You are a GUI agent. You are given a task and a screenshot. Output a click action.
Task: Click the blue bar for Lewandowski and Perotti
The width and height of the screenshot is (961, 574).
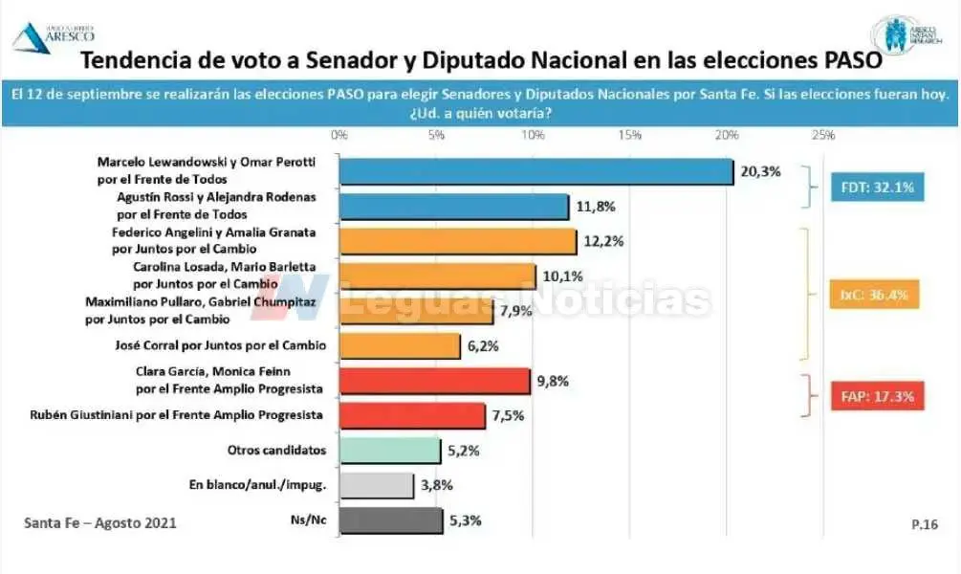[535, 171]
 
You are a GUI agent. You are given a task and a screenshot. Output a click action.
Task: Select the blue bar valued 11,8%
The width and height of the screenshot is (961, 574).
[454, 207]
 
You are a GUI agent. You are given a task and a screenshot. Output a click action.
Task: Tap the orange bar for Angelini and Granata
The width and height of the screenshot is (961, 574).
[458, 241]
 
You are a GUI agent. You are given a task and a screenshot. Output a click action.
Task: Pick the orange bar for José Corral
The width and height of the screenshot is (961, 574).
[400, 345]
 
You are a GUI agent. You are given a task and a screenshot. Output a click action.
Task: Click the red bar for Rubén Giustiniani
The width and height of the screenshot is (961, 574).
[412, 415]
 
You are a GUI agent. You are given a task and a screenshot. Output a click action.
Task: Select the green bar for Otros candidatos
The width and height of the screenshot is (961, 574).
[389, 450]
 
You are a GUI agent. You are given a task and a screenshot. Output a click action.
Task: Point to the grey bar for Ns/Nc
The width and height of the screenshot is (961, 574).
[390, 520]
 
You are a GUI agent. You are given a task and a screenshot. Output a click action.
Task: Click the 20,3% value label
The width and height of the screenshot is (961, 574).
[760, 172]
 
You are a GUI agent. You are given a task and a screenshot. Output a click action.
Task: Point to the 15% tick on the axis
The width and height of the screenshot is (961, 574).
[629, 135]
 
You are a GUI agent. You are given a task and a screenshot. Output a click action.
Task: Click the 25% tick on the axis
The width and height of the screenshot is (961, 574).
[822, 135]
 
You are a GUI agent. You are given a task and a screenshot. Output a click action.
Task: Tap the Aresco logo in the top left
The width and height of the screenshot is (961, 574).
[44, 35]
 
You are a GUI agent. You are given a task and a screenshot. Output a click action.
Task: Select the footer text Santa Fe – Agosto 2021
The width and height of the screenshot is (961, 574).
[99, 523]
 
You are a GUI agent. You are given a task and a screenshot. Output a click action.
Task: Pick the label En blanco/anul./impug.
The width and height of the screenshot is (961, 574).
[258, 486]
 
